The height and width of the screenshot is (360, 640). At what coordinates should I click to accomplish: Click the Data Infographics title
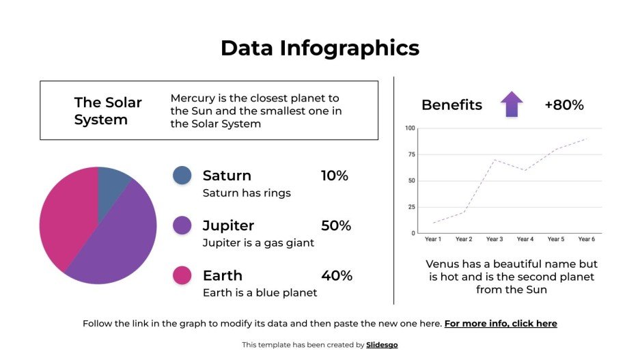click(320, 48)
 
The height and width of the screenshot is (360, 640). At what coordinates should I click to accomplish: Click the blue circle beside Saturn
click(182, 176)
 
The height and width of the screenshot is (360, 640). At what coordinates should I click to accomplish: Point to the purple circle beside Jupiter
click(182, 225)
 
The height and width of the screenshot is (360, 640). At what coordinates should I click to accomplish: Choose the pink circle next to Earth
click(182, 275)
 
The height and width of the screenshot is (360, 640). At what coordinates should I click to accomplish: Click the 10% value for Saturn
click(335, 176)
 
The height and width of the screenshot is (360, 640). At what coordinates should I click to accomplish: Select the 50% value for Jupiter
click(336, 225)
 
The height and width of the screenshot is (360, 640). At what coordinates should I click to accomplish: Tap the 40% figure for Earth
click(337, 275)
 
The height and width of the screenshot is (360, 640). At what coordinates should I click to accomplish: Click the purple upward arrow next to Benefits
click(512, 105)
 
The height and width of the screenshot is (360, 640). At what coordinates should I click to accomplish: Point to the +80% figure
click(564, 105)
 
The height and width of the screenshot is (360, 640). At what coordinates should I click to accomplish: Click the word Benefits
click(451, 105)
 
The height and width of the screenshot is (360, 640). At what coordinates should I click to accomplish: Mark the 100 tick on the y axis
click(410, 128)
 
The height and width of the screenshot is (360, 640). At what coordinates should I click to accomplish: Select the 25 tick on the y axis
click(411, 207)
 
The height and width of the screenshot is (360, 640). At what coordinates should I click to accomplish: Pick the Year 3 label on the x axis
click(495, 239)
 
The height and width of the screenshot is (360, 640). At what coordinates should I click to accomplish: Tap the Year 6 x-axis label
click(587, 239)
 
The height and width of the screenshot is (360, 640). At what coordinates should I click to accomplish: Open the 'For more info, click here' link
click(501, 323)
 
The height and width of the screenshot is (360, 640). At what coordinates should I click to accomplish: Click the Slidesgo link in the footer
click(382, 345)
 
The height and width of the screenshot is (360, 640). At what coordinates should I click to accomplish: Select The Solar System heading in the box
click(108, 111)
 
